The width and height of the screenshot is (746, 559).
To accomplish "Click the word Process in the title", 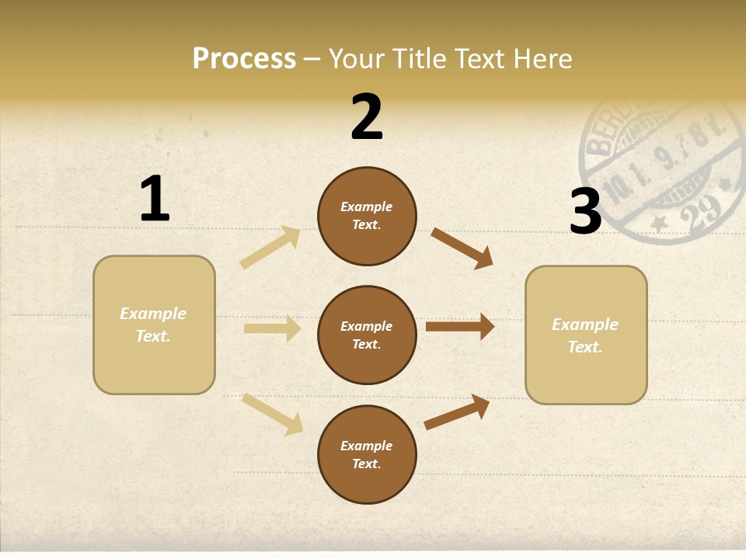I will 244,58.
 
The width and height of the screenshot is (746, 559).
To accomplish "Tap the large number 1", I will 155,199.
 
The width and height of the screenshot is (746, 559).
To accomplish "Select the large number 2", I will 367,117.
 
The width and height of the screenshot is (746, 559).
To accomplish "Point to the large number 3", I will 585,211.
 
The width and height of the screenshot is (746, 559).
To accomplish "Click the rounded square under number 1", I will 154,325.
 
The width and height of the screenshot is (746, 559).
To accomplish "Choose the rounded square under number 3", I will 586,335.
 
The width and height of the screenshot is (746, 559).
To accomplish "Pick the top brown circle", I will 367,216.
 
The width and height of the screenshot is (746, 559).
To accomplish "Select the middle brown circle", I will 367,335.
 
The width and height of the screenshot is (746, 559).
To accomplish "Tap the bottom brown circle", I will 367,454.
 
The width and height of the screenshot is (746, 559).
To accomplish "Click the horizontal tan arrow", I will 272,328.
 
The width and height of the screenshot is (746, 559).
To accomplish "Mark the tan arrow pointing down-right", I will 272,414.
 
